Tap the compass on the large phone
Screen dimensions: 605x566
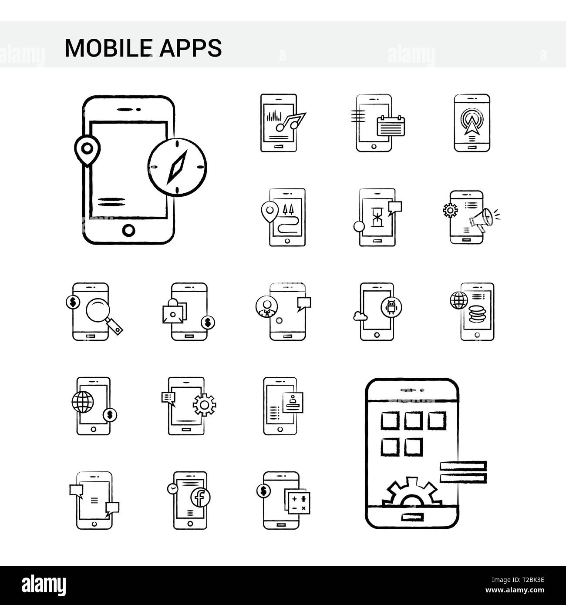coord(177,167)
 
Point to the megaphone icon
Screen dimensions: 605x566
coord(482,218)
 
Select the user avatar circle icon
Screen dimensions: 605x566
coord(265,305)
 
